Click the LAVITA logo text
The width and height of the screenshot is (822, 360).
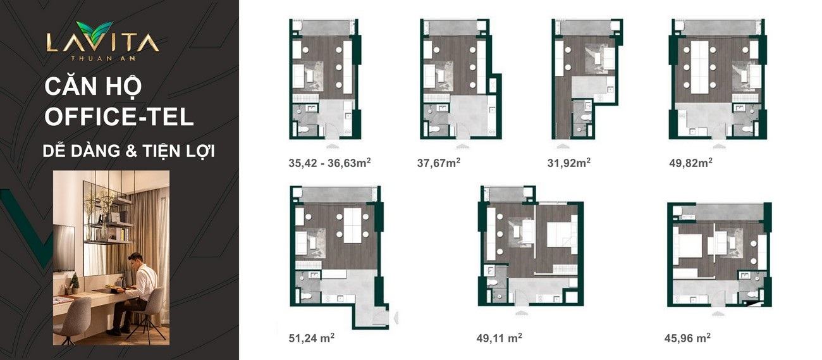102,42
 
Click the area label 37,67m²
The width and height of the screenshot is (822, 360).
439,163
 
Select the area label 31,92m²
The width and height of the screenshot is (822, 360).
569,163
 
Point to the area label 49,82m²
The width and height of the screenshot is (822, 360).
690,163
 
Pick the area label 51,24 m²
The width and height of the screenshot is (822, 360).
311,338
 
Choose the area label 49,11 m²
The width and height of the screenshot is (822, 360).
499,338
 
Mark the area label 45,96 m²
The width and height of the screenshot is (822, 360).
687,338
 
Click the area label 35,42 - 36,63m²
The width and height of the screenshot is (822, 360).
329,163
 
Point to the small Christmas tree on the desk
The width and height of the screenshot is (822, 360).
75,283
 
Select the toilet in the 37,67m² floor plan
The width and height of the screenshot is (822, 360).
434,130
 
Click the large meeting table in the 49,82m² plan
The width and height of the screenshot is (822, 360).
700,67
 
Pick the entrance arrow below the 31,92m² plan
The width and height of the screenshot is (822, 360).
561,146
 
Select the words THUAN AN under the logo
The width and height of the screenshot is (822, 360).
102,58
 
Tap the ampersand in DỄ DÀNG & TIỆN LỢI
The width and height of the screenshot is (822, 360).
131,151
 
